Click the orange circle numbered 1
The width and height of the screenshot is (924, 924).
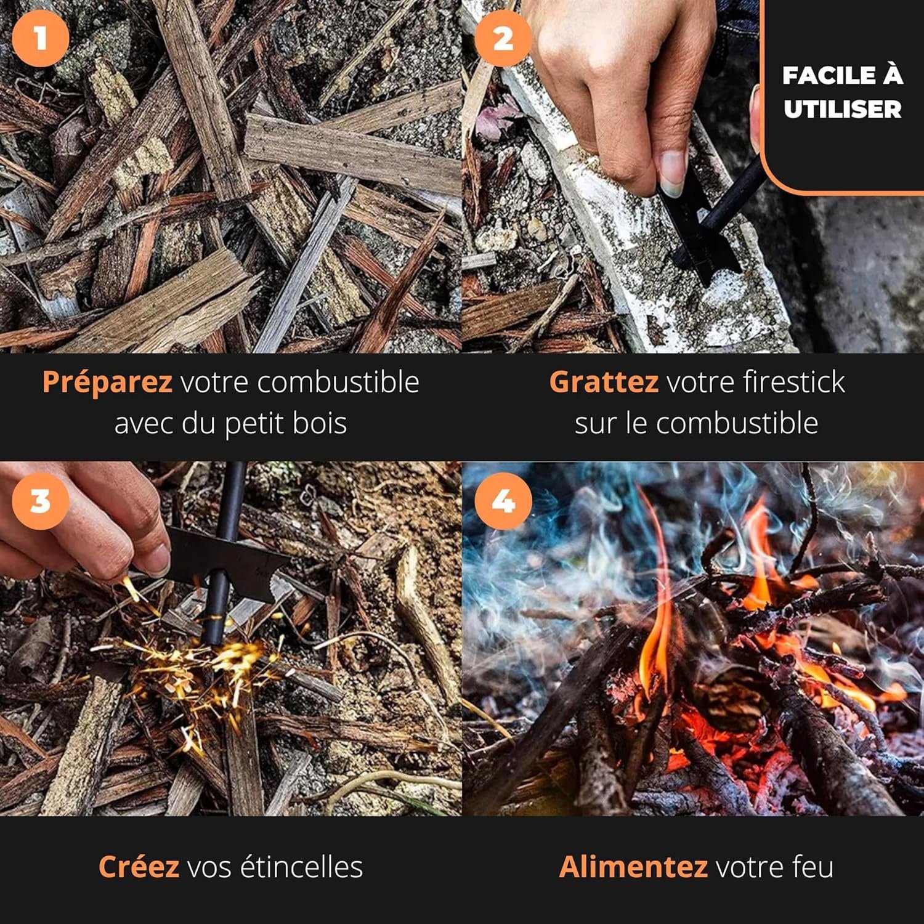40,38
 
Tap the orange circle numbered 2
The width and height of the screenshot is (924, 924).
503,38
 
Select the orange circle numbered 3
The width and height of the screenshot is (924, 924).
40,500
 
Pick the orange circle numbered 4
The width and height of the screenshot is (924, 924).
503,500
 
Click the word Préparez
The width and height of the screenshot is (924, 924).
107,382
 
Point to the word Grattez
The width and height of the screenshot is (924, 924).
604,382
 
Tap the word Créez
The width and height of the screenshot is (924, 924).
139,866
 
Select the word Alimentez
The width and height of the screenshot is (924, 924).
633,867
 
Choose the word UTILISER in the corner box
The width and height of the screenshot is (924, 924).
842,110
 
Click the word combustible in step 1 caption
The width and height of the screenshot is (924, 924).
338,382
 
